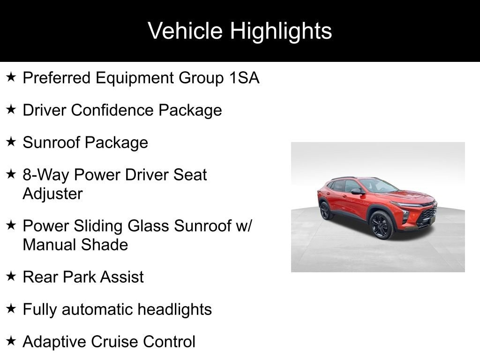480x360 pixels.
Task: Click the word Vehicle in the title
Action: click(x=185, y=30)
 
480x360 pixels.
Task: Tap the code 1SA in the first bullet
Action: click(x=244, y=78)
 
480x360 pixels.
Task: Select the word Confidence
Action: click(x=112, y=110)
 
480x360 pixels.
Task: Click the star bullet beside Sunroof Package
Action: click(x=11, y=142)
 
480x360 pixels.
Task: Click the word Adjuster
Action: click(x=52, y=194)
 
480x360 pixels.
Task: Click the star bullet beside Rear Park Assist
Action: click(x=11, y=276)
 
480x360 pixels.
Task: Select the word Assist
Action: click(x=121, y=277)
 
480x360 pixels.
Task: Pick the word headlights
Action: click(x=174, y=309)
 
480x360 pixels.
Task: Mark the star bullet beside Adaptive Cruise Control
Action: click(x=11, y=341)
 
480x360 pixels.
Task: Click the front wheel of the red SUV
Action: click(x=382, y=225)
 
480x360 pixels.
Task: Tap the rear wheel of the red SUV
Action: click(x=325, y=210)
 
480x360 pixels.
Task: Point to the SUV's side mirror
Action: click(x=357, y=192)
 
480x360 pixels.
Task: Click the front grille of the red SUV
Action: click(x=427, y=213)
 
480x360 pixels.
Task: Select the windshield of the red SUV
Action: click(x=378, y=186)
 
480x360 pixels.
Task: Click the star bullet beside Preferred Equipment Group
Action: click(x=11, y=77)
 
